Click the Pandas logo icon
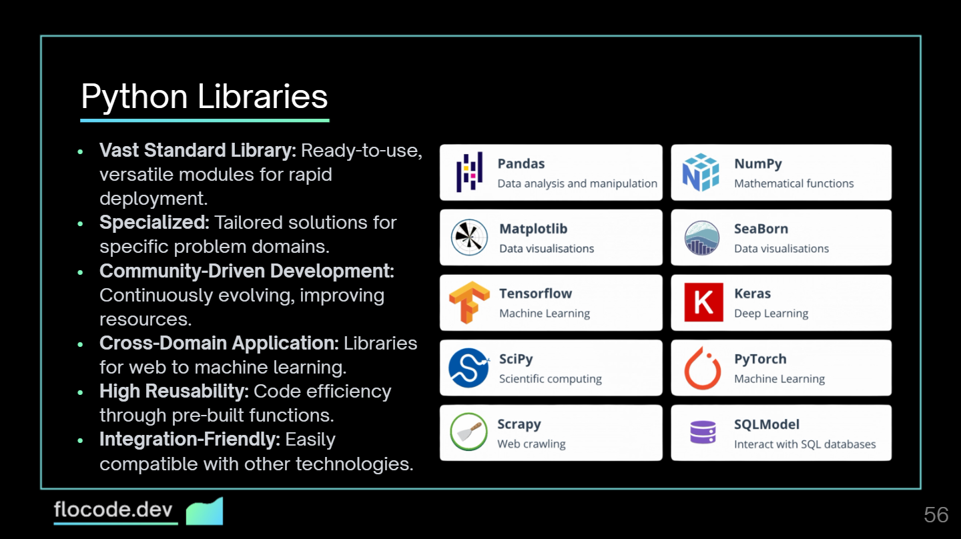(x=469, y=172)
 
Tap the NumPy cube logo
(x=701, y=172)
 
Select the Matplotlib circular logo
(x=469, y=237)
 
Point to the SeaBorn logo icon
(x=702, y=237)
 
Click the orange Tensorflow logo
(x=469, y=302)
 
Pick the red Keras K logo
(x=703, y=302)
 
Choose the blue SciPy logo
(x=469, y=368)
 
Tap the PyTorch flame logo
(x=703, y=368)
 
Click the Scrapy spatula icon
(x=468, y=432)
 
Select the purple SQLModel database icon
(x=703, y=432)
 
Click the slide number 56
(x=936, y=514)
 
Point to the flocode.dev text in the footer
(x=113, y=511)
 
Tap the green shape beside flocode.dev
(x=204, y=511)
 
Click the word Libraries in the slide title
(x=262, y=97)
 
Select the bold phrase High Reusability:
(x=174, y=391)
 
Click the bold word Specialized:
(x=154, y=222)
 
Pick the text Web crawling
(x=531, y=444)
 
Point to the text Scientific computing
(x=550, y=379)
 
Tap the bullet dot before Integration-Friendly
(x=81, y=440)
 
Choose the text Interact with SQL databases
(x=804, y=444)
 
